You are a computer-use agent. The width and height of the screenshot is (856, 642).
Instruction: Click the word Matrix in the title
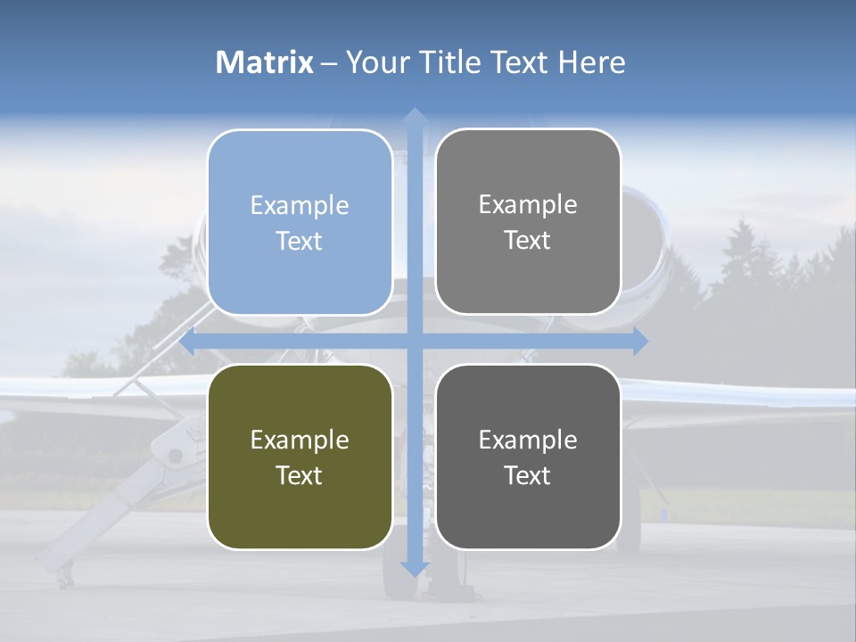265,62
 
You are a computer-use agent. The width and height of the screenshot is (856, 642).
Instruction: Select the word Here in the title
591,62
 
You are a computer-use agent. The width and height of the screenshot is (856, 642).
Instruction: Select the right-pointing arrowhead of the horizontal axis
640,341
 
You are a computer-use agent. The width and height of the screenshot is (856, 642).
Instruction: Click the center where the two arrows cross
414,341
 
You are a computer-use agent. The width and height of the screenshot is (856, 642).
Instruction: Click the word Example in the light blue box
300,206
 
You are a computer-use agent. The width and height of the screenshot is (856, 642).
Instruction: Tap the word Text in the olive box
300,475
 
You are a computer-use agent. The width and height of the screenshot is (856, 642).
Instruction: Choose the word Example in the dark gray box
528,440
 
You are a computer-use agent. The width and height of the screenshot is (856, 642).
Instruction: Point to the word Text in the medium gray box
528,241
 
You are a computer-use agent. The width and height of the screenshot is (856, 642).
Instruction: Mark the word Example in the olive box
300,440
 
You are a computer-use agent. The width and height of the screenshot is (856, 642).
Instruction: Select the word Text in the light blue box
300,241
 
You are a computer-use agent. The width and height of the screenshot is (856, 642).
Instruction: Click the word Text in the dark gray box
528,475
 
